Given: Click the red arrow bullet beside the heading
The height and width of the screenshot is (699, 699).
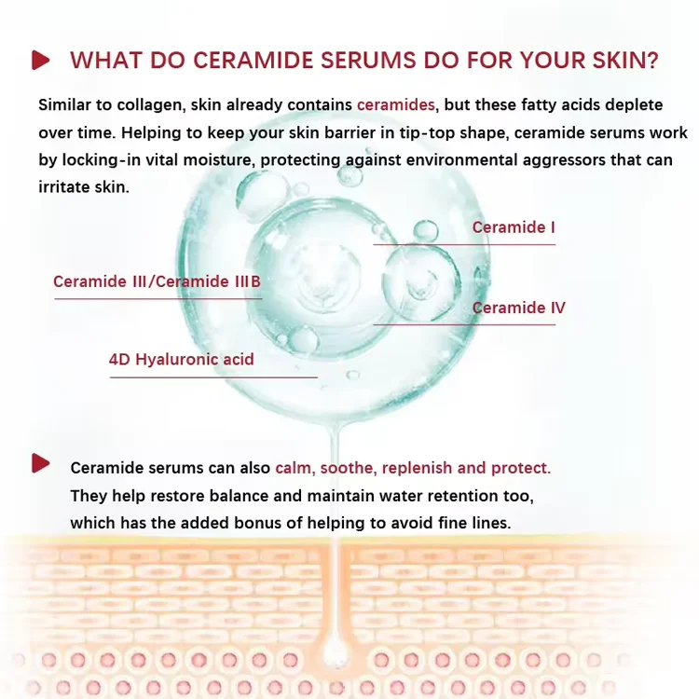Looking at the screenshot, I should click(x=40, y=61).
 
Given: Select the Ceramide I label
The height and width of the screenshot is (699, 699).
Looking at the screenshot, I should click(x=514, y=227).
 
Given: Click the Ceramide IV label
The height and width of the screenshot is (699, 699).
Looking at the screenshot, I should click(x=518, y=308).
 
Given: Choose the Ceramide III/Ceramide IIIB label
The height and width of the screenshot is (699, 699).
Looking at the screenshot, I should click(x=157, y=281).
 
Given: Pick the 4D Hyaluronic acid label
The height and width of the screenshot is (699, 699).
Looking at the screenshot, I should click(x=182, y=359).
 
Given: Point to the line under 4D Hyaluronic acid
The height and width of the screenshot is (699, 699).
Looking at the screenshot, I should click(x=213, y=377).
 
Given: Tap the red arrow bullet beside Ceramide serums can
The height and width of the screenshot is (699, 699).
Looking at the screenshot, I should click(x=40, y=463).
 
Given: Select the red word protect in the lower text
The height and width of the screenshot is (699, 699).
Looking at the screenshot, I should click(x=519, y=468).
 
